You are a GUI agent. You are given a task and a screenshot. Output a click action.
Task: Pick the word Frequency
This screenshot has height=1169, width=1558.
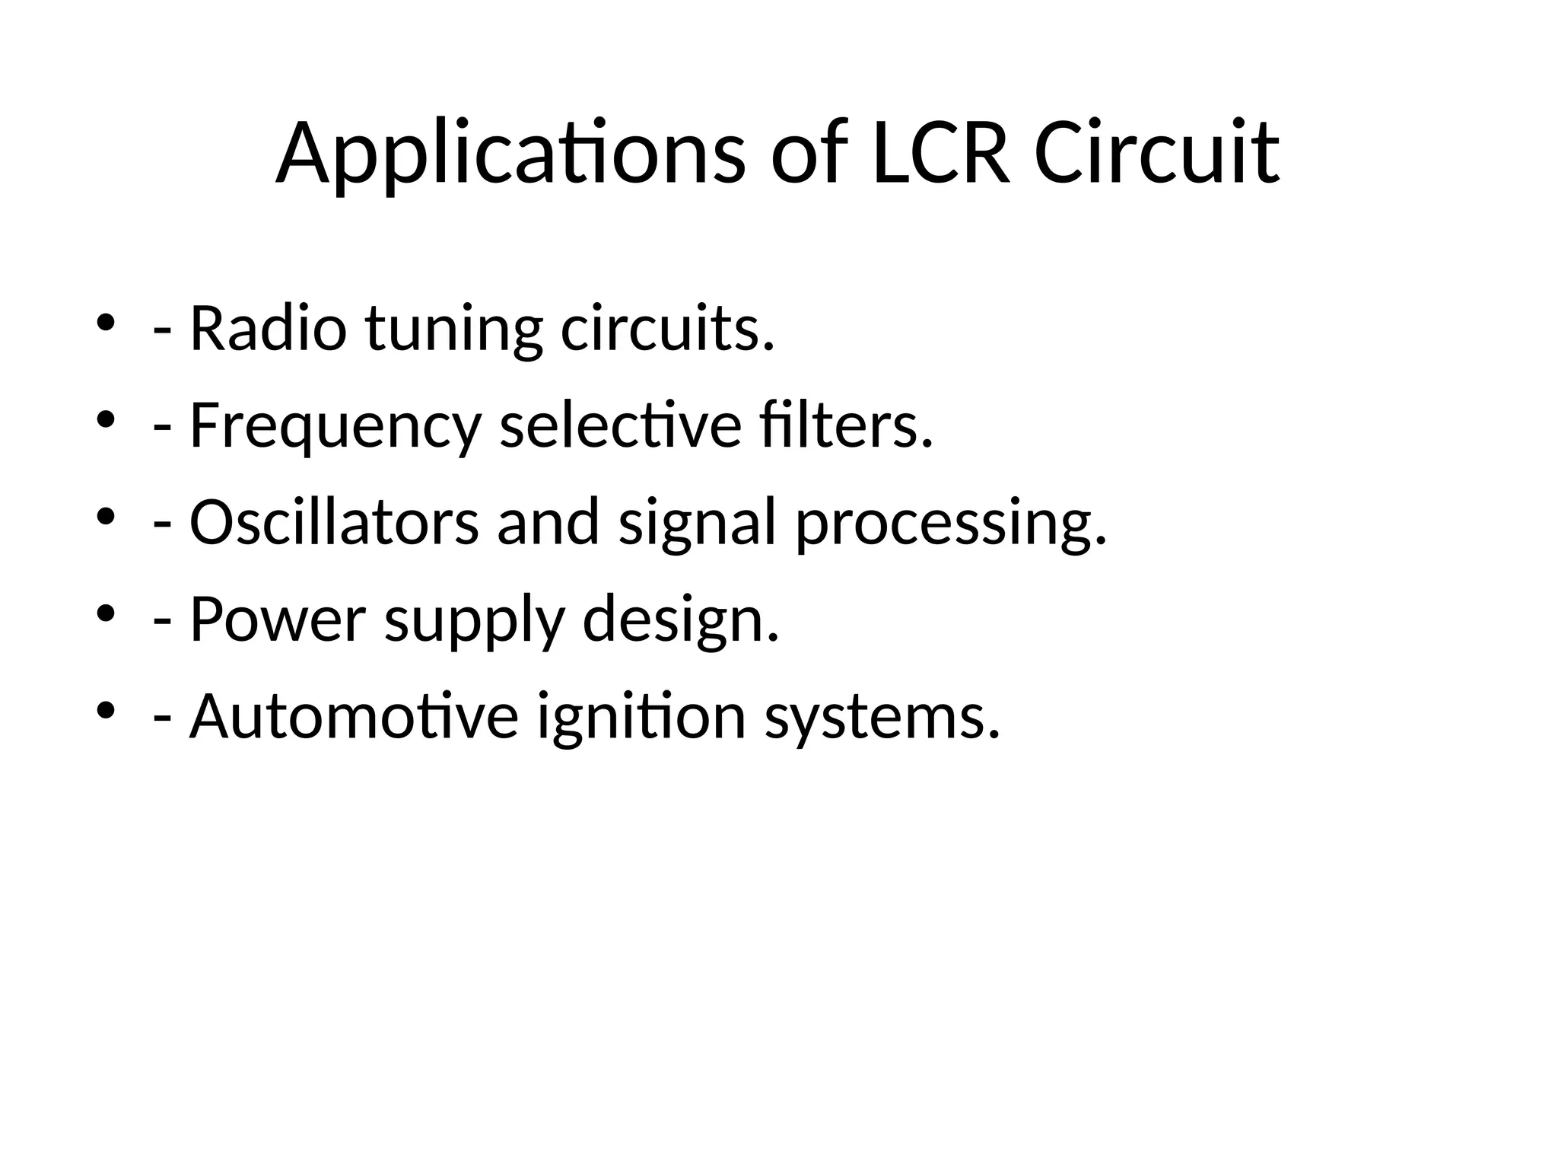(x=335, y=427)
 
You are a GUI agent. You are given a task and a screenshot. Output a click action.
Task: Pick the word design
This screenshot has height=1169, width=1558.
(x=681, y=621)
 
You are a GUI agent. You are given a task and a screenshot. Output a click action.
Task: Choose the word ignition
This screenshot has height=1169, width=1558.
(x=641, y=718)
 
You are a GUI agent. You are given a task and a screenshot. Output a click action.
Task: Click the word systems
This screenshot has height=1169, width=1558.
(x=882, y=718)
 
